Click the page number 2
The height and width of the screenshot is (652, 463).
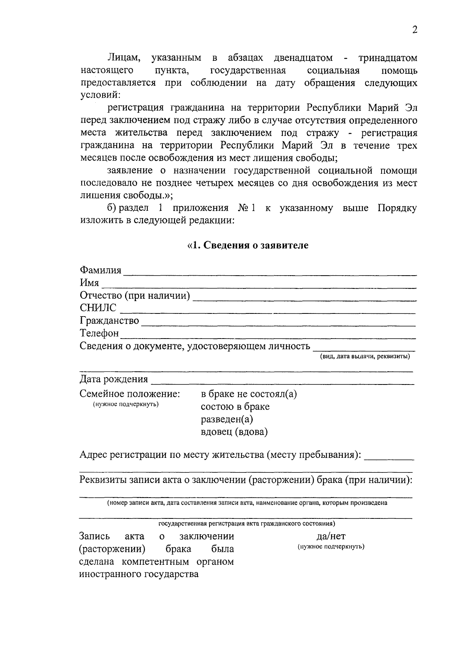[414, 30]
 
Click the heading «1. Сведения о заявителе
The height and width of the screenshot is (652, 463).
[248, 246]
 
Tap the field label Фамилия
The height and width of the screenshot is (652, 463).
[100, 270]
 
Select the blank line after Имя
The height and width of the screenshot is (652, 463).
[259, 286]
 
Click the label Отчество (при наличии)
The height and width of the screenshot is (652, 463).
[135, 296]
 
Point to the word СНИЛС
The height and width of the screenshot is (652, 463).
[98, 308]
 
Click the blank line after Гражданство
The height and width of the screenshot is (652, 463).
[278, 324]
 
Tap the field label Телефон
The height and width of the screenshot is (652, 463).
[99, 333]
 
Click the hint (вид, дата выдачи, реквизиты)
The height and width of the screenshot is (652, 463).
[365, 356]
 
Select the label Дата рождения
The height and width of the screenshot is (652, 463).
[114, 379]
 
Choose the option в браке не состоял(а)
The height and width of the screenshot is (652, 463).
[249, 394]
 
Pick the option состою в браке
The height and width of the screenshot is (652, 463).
[235, 407]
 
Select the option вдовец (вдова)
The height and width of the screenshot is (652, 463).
[234, 432]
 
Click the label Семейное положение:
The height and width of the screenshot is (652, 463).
[130, 394]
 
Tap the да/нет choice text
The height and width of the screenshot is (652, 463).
[331, 536]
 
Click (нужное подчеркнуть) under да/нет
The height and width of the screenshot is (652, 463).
[331, 547]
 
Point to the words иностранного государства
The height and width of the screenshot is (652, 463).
[139, 574]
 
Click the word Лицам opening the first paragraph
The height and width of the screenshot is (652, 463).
[123, 58]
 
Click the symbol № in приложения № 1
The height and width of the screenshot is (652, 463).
[243, 208]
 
